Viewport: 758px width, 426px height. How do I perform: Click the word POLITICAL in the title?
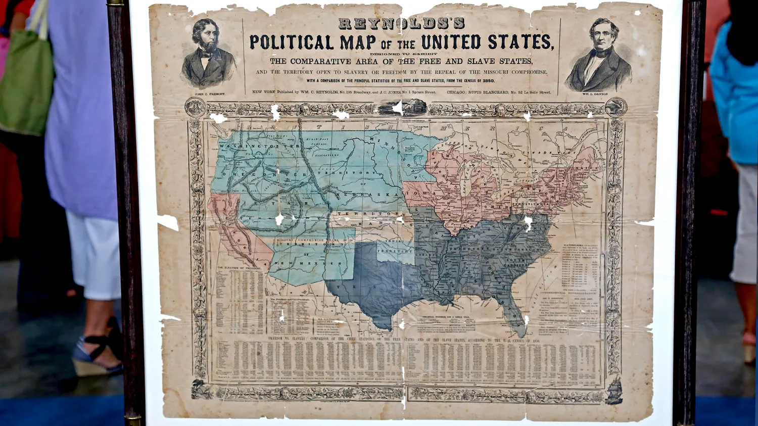pyautogui.click(x=292, y=42)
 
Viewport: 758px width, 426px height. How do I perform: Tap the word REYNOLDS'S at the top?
pyautogui.click(x=401, y=23)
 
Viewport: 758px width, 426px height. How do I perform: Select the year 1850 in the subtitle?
pyautogui.click(x=488, y=81)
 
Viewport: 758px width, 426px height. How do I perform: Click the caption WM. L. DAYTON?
pyautogui.click(x=595, y=94)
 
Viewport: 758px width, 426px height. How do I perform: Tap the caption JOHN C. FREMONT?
pyautogui.click(x=209, y=94)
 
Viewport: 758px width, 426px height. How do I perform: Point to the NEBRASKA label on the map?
pyautogui.click(x=364, y=195)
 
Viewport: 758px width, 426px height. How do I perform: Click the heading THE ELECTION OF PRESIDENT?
pyautogui.click(x=240, y=268)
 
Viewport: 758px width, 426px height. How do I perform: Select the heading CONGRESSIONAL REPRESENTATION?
pyautogui.click(x=568, y=293)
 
